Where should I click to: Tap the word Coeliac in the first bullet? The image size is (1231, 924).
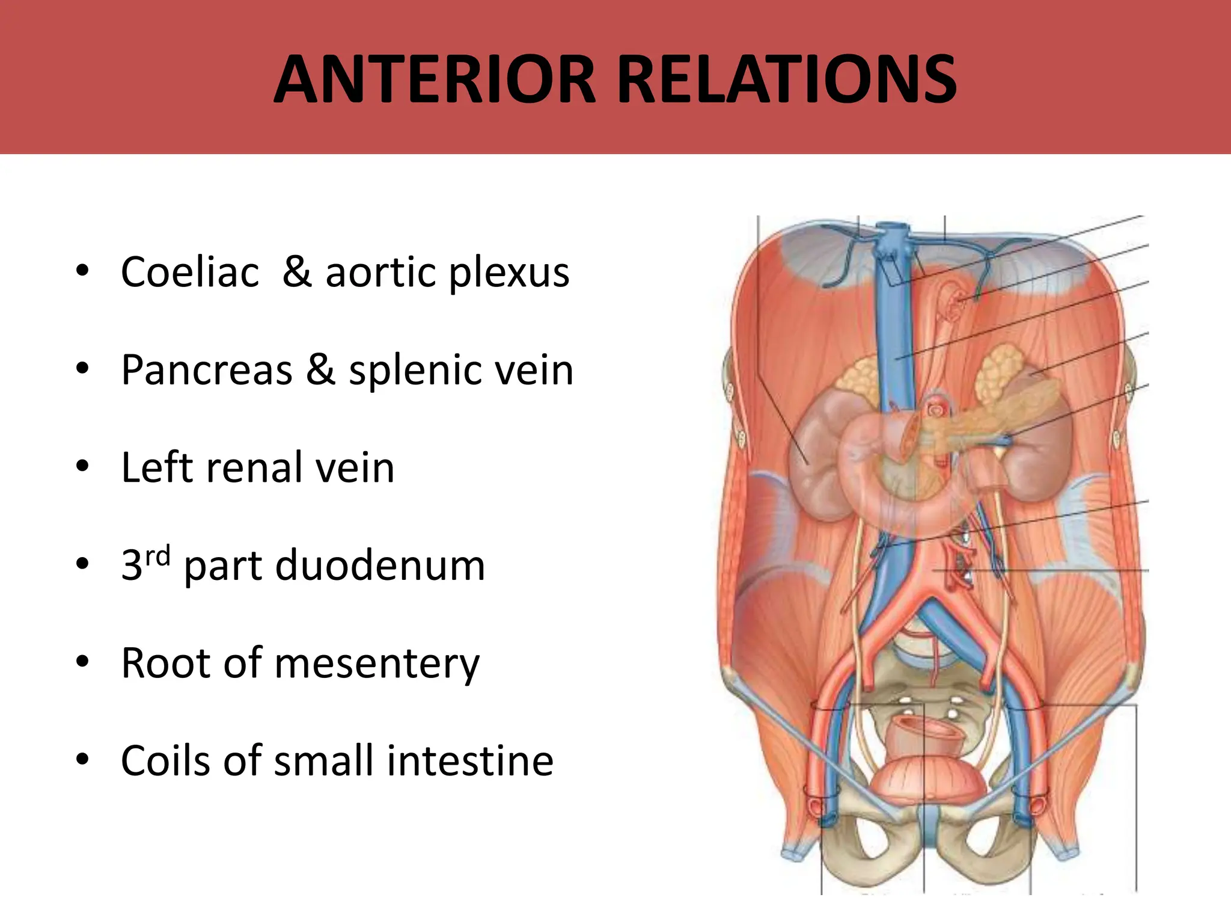[190, 272]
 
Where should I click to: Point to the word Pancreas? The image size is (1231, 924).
[206, 369]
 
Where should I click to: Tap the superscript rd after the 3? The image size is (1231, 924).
[158, 555]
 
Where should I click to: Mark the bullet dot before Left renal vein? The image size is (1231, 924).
[83, 466]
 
